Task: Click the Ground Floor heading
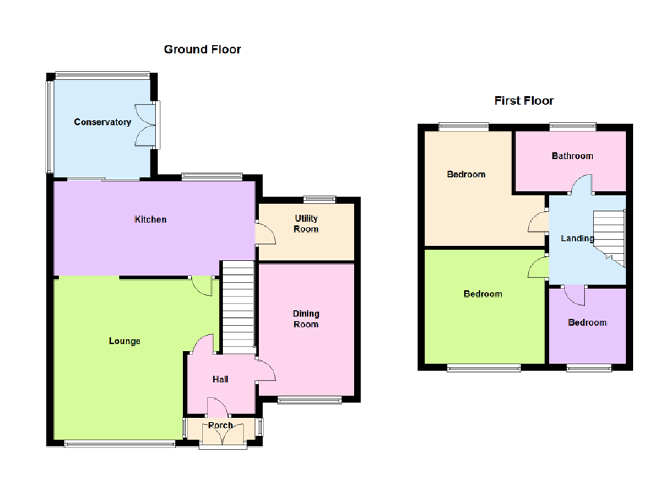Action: [x=202, y=50]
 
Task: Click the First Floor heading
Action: [x=524, y=101]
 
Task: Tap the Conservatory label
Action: [x=102, y=122]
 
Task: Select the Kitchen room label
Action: [x=150, y=219]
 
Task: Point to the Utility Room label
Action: [x=306, y=223]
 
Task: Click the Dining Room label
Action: [x=306, y=319]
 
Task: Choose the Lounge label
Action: [x=124, y=341]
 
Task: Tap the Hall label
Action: [x=220, y=379]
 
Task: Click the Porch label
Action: [x=220, y=425]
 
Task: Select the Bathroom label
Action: [x=572, y=156]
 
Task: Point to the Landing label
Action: [x=577, y=239]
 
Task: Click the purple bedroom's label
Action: [x=587, y=322]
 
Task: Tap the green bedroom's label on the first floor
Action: [x=483, y=294]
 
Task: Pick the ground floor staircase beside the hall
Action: [x=238, y=307]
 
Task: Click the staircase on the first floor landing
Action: [x=609, y=238]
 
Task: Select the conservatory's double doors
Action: [x=147, y=125]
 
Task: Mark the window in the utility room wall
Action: [x=319, y=199]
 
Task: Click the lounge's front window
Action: [x=120, y=443]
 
